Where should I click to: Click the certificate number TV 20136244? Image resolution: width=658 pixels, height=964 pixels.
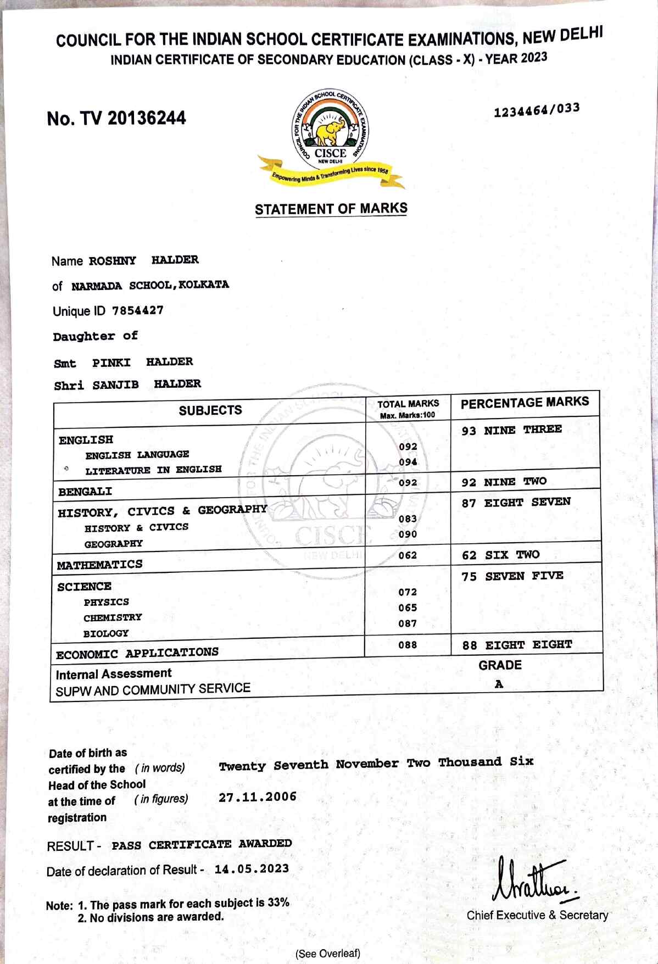(x=116, y=118)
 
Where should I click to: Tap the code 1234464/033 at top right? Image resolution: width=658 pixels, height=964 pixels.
(x=536, y=110)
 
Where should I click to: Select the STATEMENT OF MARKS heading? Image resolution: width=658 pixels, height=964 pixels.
(x=331, y=209)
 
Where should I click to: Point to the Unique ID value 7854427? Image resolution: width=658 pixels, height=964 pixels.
(x=138, y=310)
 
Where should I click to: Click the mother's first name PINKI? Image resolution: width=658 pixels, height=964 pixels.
(x=111, y=363)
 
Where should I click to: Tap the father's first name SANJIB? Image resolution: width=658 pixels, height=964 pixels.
(x=115, y=385)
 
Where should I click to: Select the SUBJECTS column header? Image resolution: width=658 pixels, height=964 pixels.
(x=210, y=410)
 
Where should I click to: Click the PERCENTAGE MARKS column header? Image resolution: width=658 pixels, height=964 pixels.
(x=525, y=403)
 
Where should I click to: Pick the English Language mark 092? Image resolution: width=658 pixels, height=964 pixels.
(x=408, y=447)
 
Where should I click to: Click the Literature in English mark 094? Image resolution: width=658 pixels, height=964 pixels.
(x=408, y=462)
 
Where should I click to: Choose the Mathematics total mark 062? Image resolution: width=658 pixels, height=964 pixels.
(x=408, y=555)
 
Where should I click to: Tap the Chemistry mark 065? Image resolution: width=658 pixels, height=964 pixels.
(x=408, y=608)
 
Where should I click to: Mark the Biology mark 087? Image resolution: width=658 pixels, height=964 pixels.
(x=408, y=623)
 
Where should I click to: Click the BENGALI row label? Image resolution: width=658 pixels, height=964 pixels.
(x=85, y=492)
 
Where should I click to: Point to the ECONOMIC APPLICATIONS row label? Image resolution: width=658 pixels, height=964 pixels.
(x=137, y=654)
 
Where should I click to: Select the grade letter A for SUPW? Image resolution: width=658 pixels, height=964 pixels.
(x=499, y=684)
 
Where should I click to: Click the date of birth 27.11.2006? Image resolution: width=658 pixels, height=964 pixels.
(x=257, y=797)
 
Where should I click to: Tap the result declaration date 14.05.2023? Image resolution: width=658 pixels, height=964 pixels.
(x=252, y=869)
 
